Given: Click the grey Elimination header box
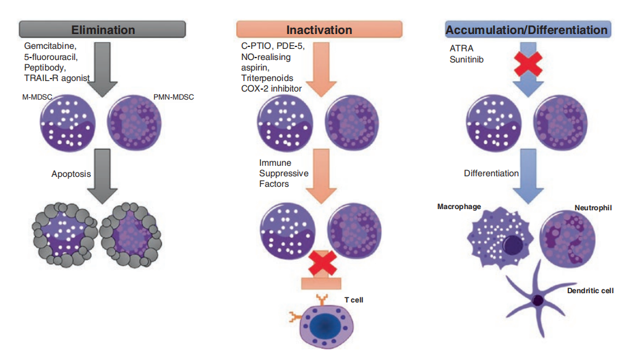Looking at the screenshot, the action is (x=102, y=29).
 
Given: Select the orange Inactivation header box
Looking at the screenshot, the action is (x=319, y=29).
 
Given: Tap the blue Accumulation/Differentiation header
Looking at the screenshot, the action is (x=528, y=29).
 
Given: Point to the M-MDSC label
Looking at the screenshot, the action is (x=37, y=97).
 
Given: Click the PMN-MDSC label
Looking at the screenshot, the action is (x=173, y=97).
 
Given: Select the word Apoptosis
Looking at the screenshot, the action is (x=71, y=174).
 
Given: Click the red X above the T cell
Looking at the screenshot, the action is (x=322, y=264).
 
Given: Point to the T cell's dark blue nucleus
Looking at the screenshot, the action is (x=325, y=326).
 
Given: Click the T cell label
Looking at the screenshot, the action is (x=354, y=300).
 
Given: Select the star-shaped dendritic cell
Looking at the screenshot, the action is (x=538, y=300).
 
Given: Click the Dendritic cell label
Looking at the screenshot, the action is (x=590, y=291).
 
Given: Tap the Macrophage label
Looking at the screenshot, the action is (x=459, y=207).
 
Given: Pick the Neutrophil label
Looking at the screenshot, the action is (x=593, y=207).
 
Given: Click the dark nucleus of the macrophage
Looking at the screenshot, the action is (x=513, y=245).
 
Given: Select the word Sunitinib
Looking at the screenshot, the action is (x=466, y=59).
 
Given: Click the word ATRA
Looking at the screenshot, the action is (x=461, y=48).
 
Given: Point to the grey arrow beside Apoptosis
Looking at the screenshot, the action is (x=103, y=176).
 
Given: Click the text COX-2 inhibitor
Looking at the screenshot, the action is (x=272, y=88).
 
